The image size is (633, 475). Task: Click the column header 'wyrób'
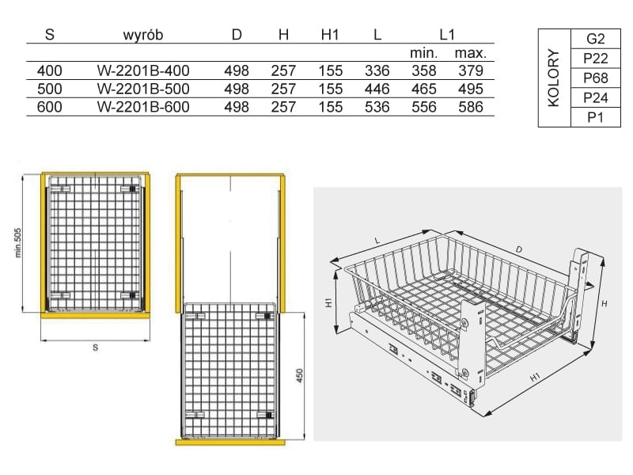tap(143, 35)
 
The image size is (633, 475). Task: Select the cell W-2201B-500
tap(143, 89)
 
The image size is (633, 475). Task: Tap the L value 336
tap(377, 71)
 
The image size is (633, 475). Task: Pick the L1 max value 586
tap(471, 107)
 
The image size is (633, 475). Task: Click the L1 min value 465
tap(424, 89)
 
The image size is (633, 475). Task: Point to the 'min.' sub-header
tap(424, 53)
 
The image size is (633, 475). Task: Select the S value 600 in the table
tap(49, 107)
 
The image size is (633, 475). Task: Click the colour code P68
tap(596, 78)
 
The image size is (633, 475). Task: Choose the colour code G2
tap(596, 39)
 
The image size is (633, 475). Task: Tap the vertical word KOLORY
tap(554, 78)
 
